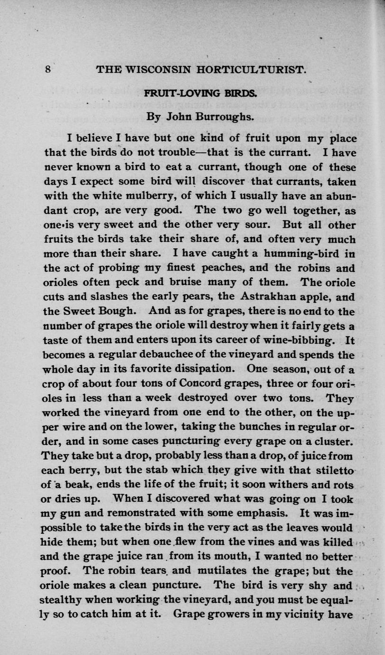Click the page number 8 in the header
pyautogui.click(x=48, y=69)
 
